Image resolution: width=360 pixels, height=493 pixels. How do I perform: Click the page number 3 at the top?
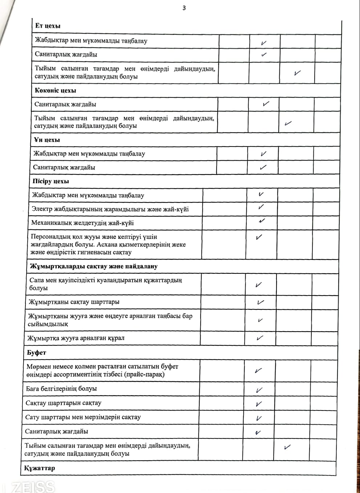point(184,8)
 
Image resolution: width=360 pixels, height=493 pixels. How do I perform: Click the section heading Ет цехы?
point(48,26)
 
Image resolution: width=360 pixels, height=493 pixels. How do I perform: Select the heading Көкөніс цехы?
point(55,91)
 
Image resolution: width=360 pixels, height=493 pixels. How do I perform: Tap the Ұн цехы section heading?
point(46,140)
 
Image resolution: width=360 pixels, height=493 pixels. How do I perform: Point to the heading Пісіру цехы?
point(50,181)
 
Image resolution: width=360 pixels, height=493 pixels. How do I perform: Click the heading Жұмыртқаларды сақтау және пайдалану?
point(94,266)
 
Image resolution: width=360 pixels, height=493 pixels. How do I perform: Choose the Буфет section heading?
point(36,353)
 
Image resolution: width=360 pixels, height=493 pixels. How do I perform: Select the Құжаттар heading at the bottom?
point(40,468)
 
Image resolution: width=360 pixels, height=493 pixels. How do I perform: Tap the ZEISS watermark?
point(33,486)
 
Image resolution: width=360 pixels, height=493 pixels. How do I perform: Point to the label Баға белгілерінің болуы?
point(61,389)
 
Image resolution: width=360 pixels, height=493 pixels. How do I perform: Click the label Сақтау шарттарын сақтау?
point(63,403)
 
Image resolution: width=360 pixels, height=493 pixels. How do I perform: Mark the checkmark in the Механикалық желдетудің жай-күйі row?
point(262,221)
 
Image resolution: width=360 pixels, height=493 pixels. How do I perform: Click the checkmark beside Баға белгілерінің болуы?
point(259,390)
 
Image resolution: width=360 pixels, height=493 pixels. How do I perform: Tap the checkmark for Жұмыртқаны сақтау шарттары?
point(260,302)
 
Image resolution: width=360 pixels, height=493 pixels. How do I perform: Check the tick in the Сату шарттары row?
point(259,418)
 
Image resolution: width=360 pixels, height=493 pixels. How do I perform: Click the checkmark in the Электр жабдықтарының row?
point(261,207)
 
